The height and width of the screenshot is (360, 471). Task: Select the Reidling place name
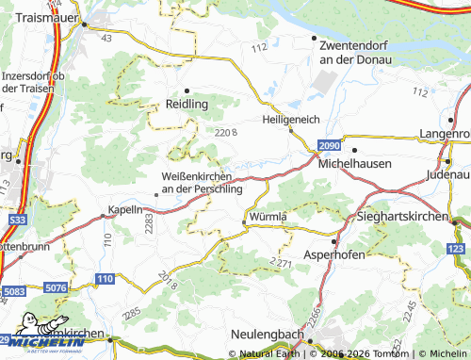click(x=187, y=104)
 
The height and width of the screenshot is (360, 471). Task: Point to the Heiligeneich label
click(x=291, y=120)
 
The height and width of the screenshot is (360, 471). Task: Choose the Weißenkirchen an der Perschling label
click(x=203, y=182)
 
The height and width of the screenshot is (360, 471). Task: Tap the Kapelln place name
click(x=125, y=209)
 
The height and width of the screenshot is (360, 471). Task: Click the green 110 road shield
click(x=104, y=278)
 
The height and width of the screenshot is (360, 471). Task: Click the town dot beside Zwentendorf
click(x=315, y=38)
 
